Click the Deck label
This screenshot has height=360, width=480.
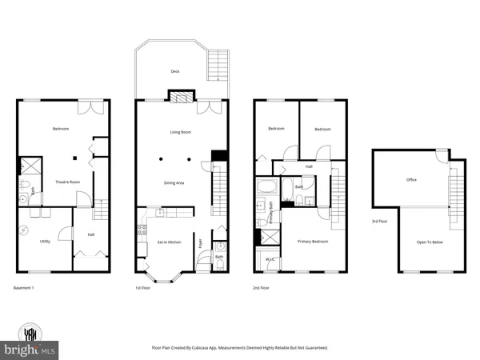tap(175, 71)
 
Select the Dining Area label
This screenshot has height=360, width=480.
tap(175, 183)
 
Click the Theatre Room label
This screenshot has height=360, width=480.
tap(58, 183)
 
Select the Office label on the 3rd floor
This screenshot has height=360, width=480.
tap(411, 180)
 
